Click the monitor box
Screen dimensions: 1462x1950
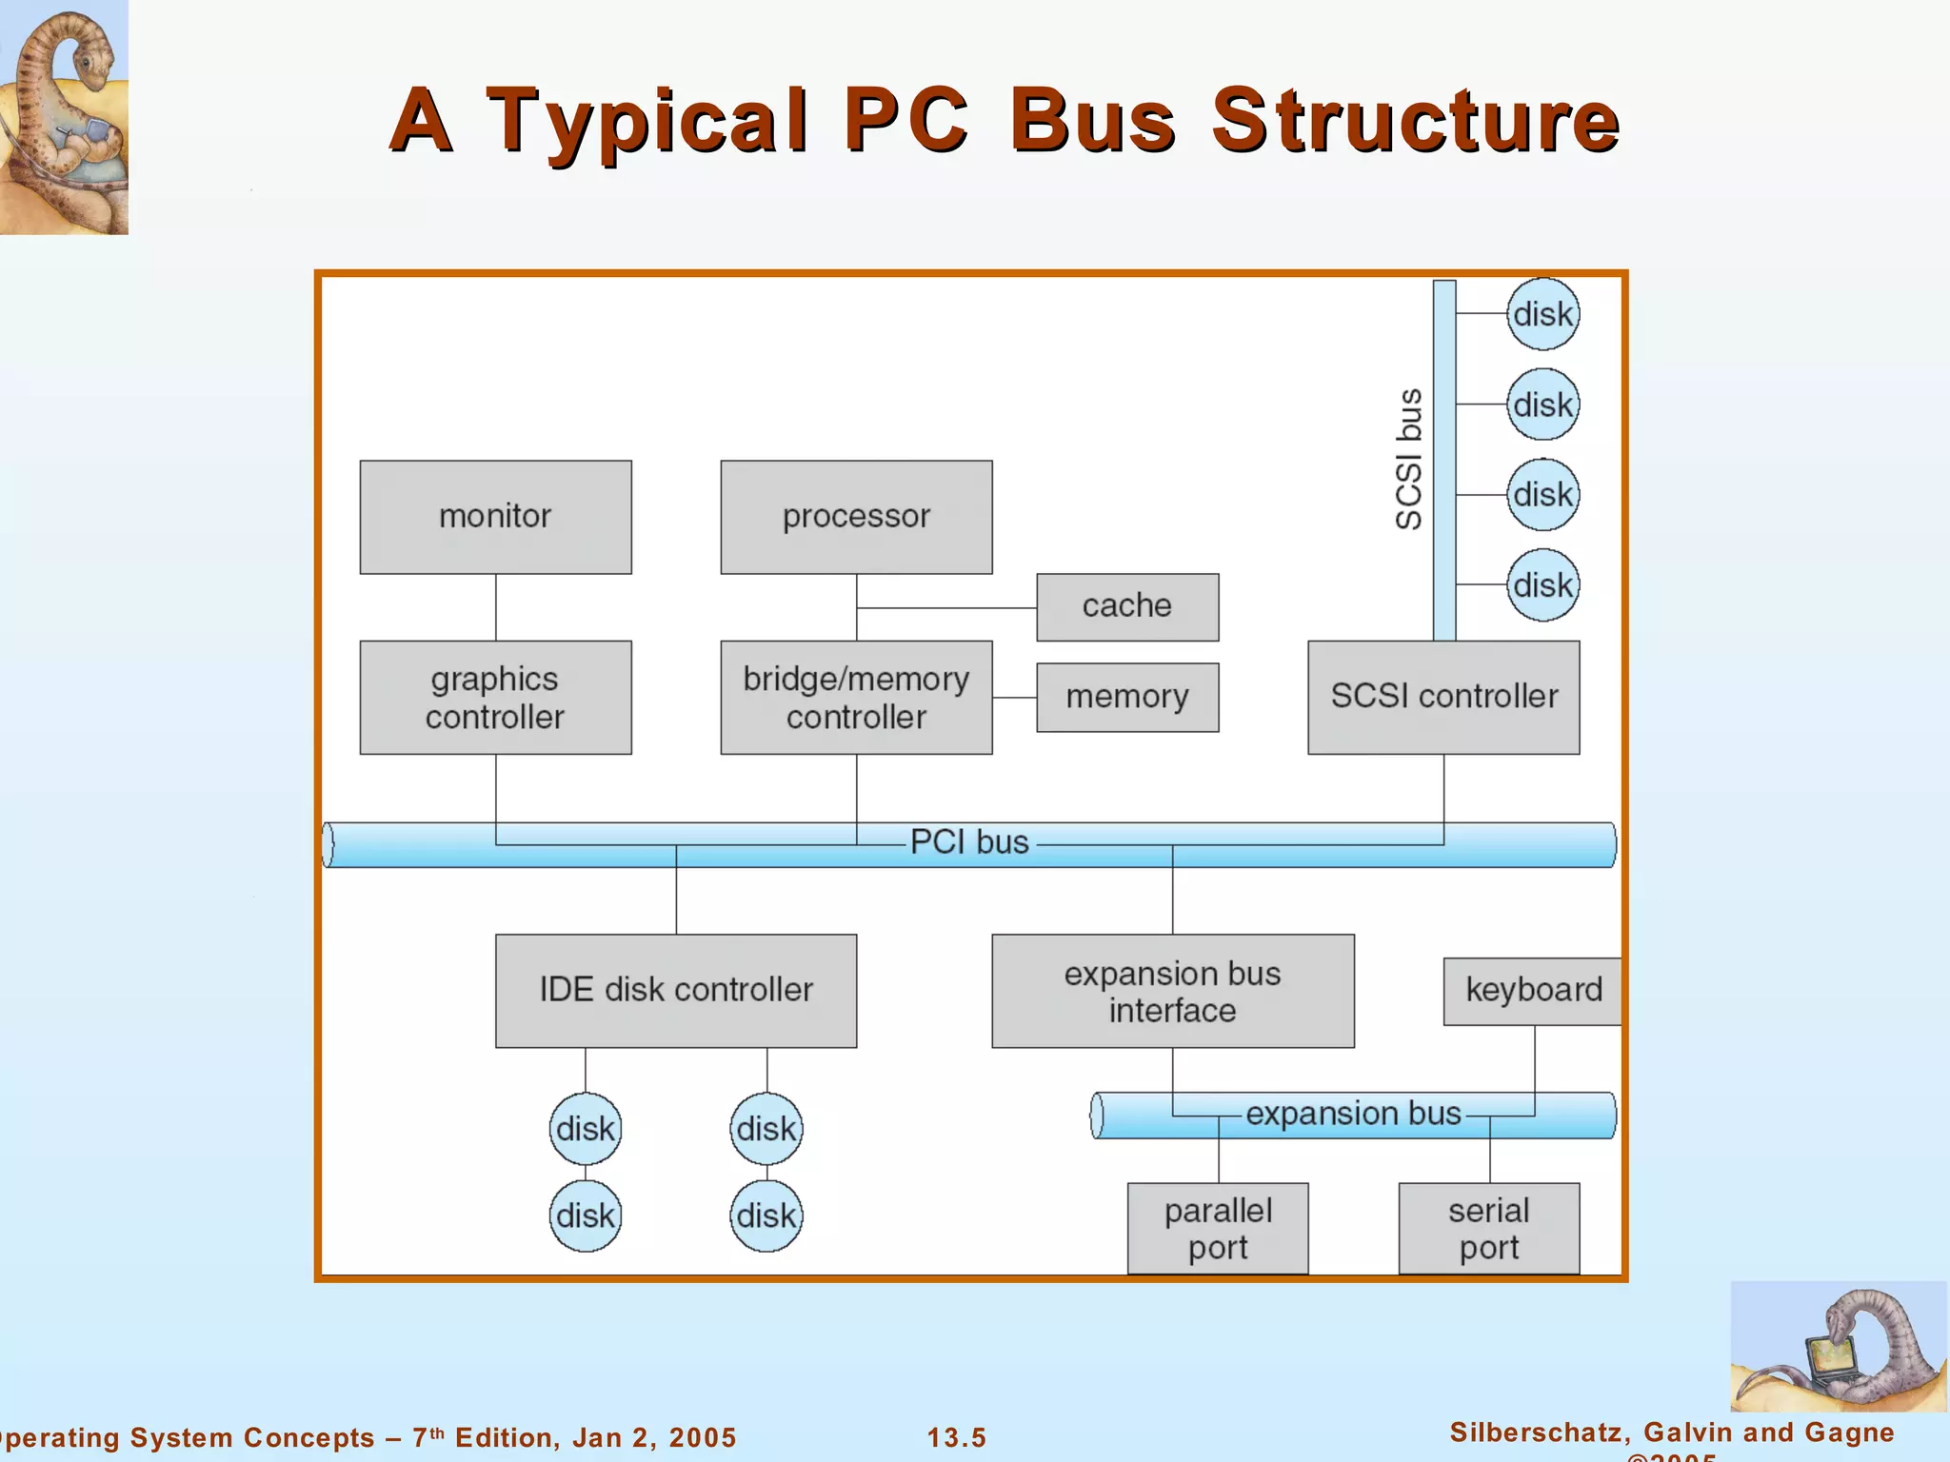pos(495,517)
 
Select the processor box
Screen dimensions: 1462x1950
pos(856,517)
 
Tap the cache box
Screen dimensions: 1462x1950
pos(1127,606)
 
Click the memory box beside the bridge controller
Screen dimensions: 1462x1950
pos(1127,697)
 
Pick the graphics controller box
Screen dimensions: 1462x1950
pos(495,697)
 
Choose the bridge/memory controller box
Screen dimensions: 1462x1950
pos(856,697)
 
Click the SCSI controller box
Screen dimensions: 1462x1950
pos(1443,697)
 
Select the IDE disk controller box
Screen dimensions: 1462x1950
pos(676,990)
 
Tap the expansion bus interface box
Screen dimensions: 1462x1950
pos(1172,990)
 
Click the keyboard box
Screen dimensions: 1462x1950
pos(1533,990)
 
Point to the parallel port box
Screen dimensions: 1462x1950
pos(1218,1228)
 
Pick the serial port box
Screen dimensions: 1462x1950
pos(1489,1228)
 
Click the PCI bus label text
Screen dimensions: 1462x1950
pos(969,842)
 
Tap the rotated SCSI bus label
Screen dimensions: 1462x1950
pos(1409,459)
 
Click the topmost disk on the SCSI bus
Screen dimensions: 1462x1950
pos(1542,314)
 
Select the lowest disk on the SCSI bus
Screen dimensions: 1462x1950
pos(1542,584)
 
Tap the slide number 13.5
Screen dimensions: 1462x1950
pos(957,1437)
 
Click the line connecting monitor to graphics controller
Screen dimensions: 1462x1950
pos(495,607)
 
